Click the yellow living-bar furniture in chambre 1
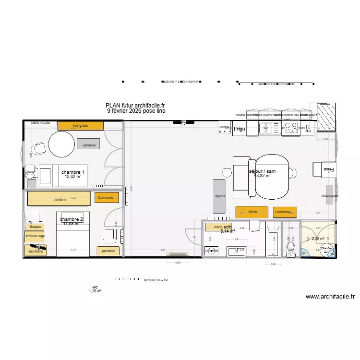[x=80, y=126]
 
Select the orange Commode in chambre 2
[x=105, y=198]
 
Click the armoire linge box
[x=35, y=237]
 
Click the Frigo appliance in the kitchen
[x=239, y=128]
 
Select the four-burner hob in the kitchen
[x=291, y=128]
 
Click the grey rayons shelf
[x=220, y=196]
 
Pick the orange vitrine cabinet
[x=252, y=212]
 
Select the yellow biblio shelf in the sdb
[x=219, y=227]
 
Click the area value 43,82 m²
[x=262, y=176]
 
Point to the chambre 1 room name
[x=73, y=172]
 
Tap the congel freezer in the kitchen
[x=225, y=128]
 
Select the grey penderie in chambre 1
[x=89, y=145]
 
